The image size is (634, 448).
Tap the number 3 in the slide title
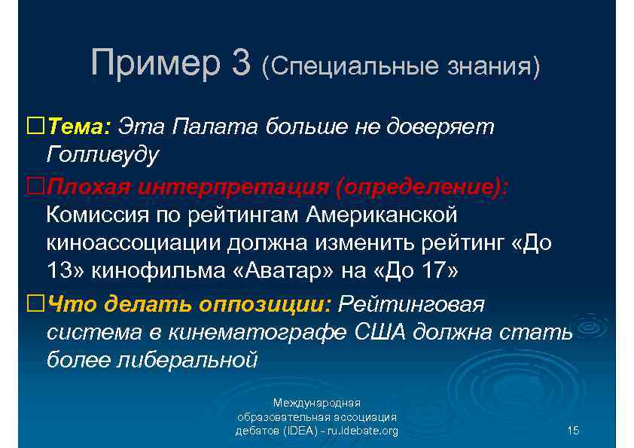click(242, 62)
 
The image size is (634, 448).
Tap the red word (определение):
click(422, 186)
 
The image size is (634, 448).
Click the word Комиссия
click(98, 215)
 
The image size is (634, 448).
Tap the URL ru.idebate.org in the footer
click(358, 431)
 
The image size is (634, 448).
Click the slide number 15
click(572, 431)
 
